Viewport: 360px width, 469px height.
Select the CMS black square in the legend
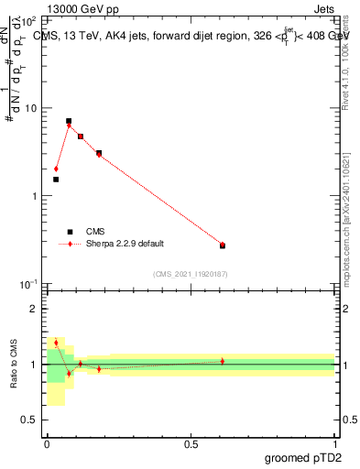point(70,232)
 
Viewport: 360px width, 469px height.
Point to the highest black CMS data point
point(69,121)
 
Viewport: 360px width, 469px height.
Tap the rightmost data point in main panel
point(223,245)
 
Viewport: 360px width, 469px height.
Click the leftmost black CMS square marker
point(56,180)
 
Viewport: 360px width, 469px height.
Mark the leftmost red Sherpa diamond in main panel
point(56,169)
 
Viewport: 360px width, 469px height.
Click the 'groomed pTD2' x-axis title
point(303,457)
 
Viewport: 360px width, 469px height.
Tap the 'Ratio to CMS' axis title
point(12,364)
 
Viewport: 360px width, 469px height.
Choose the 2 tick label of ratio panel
point(34,309)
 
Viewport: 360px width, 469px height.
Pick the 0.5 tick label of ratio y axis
point(29,420)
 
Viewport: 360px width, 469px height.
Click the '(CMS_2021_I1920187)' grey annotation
point(191,273)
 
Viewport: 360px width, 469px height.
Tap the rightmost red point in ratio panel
point(223,361)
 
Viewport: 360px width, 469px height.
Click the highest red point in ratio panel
point(56,343)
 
